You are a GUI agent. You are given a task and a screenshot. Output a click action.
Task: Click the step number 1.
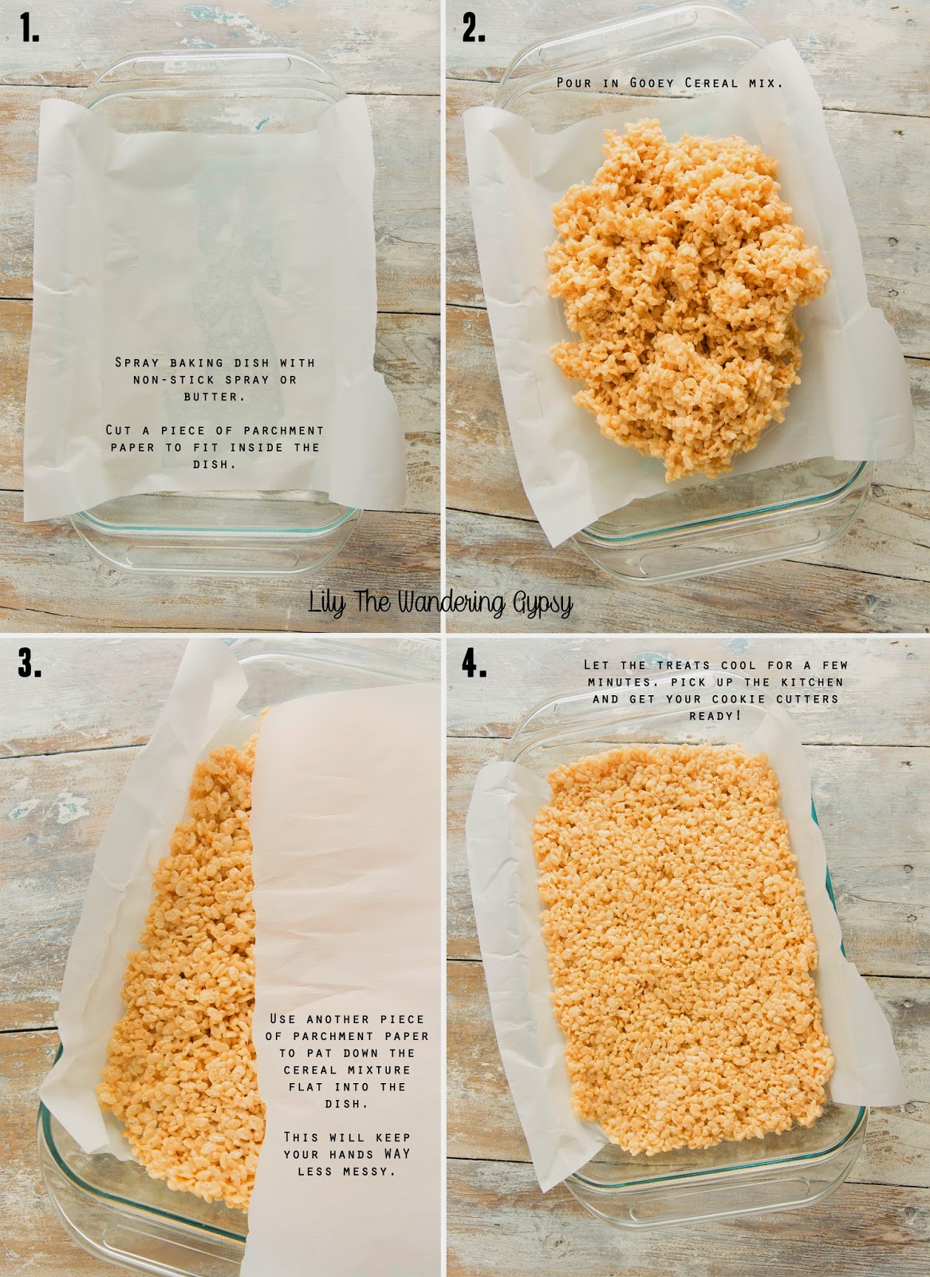click(x=30, y=29)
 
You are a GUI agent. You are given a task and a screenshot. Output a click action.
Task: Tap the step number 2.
click(x=474, y=29)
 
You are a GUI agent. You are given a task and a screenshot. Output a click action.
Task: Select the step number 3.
click(x=30, y=664)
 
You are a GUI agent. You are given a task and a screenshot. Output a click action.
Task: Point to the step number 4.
click(x=475, y=664)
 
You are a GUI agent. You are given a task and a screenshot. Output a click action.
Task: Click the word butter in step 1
click(x=215, y=396)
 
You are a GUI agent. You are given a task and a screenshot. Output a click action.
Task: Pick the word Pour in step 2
click(x=574, y=83)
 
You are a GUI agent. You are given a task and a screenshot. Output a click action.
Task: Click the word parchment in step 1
click(x=283, y=430)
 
